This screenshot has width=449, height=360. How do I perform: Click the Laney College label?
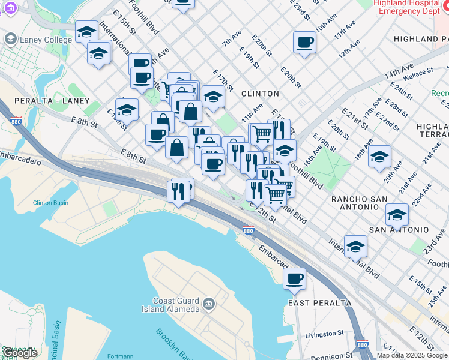click(38, 40)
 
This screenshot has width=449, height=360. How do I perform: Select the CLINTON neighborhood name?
click(260, 94)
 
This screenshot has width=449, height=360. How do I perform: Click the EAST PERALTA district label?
click(319, 303)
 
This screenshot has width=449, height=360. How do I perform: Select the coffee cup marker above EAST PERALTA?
click(295, 278)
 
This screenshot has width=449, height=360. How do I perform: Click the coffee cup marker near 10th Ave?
click(304, 42)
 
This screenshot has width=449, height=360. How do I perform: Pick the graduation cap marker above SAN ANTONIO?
click(397, 214)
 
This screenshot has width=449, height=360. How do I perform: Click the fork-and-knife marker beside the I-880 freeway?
click(178, 191)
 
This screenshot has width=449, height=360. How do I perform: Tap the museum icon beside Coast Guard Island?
click(208, 304)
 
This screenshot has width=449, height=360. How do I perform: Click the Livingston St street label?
click(324, 333)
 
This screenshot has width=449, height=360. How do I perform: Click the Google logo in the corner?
click(20, 353)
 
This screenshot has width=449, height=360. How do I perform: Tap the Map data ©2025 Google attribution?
click(412, 355)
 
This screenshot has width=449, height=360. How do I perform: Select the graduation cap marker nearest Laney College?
click(86, 31)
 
